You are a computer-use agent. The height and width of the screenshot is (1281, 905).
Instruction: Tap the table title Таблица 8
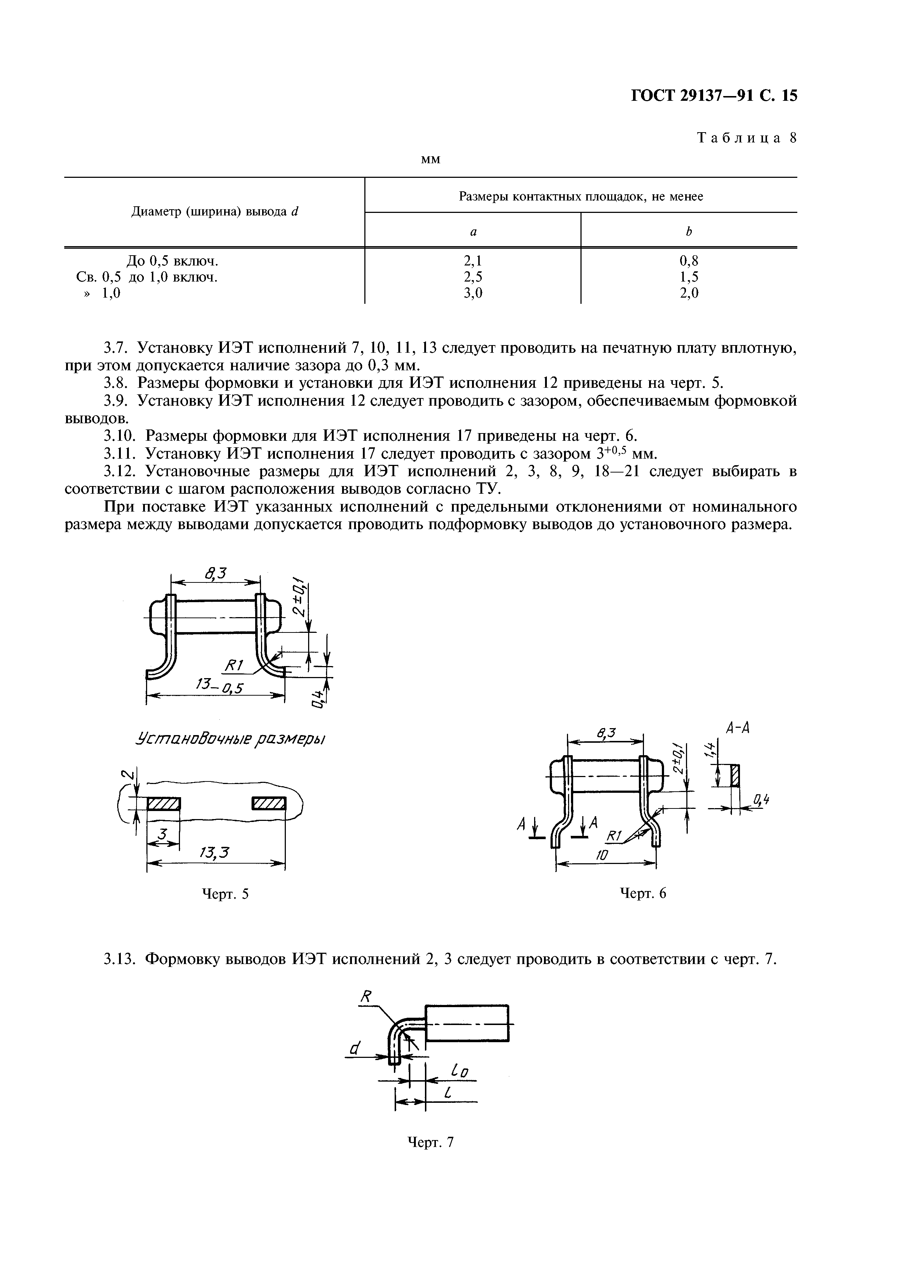tap(747, 138)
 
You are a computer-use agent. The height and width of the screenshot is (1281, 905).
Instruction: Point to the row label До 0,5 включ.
tap(172, 261)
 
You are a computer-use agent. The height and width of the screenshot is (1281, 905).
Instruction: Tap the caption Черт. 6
tap(643, 893)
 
